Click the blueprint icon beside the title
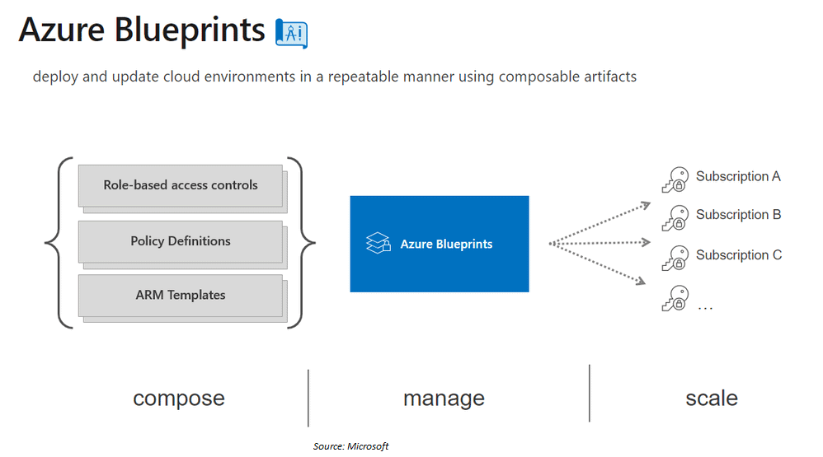tap(291, 32)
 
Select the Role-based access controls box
tap(181, 185)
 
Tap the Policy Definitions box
tap(181, 241)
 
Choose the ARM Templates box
tap(181, 295)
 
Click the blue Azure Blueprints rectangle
tap(439, 244)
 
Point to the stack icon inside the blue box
tap(378, 243)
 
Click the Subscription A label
tap(738, 176)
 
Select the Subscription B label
tap(738, 215)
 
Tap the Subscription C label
tap(738, 255)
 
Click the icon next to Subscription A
tap(675, 180)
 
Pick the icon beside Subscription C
tap(675, 259)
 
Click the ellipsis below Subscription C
tap(705, 307)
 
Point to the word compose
tap(179, 399)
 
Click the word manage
tap(444, 399)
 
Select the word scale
tap(711, 399)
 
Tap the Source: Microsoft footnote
tap(350, 446)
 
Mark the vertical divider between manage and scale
tap(590, 394)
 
